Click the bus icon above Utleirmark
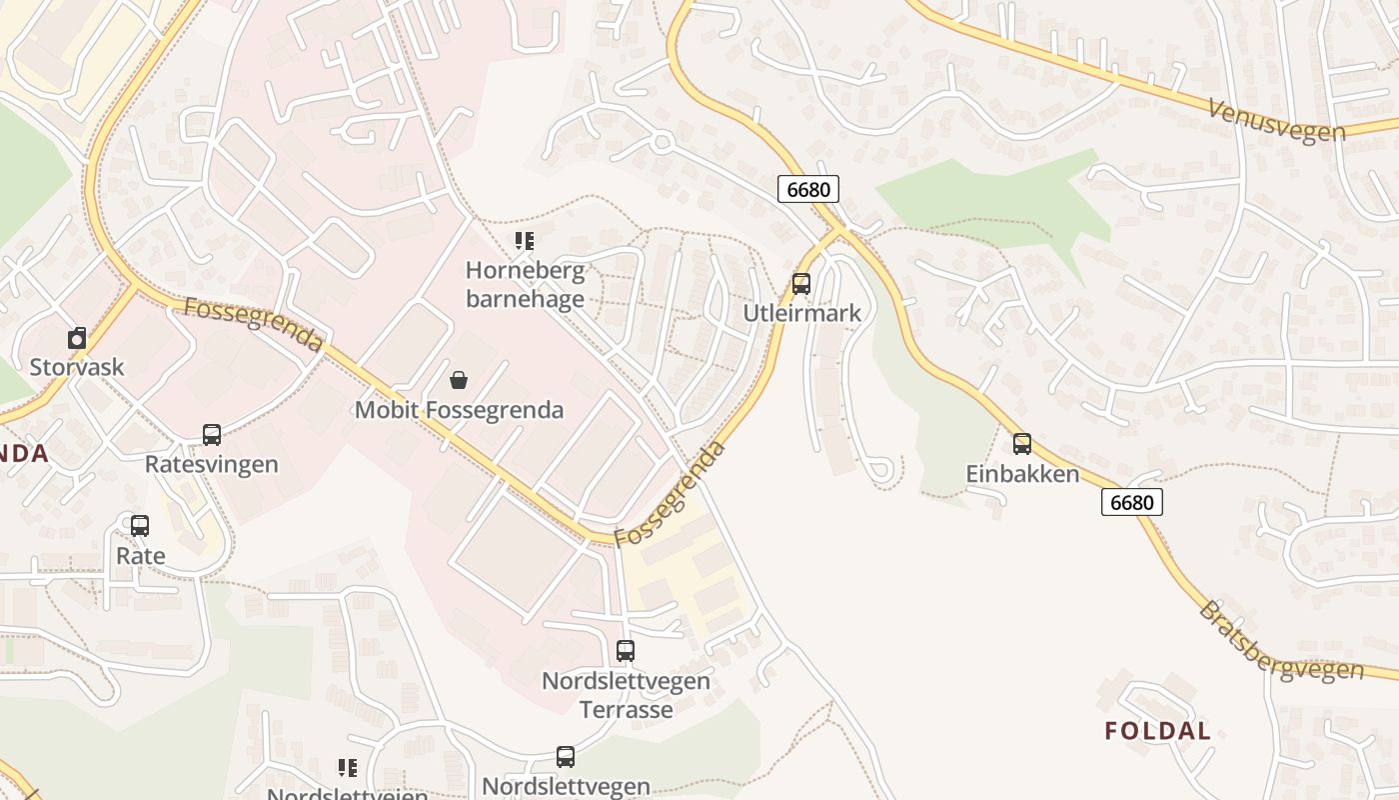pyautogui.click(x=801, y=284)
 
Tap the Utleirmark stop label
pyautogui.click(x=801, y=313)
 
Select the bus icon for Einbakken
pyautogui.click(x=1022, y=444)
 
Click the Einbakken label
pyautogui.click(x=1022, y=474)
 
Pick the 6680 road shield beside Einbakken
pyautogui.click(x=1132, y=502)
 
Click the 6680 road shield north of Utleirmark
pyautogui.click(x=807, y=189)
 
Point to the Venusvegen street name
pyautogui.click(x=1276, y=121)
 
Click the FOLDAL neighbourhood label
pyautogui.click(x=1157, y=731)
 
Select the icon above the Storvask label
pyautogui.click(x=77, y=338)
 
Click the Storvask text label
pyautogui.click(x=77, y=367)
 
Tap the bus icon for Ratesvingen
pyautogui.click(x=212, y=435)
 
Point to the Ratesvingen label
pyautogui.click(x=212, y=464)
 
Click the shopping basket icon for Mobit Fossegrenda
pyautogui.click(x=459, y=380)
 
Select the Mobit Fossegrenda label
pyautogui.click(x=459, y=410)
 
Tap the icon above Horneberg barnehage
pyautogui.click(x=525, y=241)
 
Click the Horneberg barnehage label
pyautogui.click(x=525, y=285)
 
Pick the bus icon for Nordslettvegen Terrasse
pyautogui.click(x=626, y=651)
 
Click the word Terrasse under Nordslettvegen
pyautogui.click(x=626, y=710)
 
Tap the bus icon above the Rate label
pyautogui.click(x=140, y=526)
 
